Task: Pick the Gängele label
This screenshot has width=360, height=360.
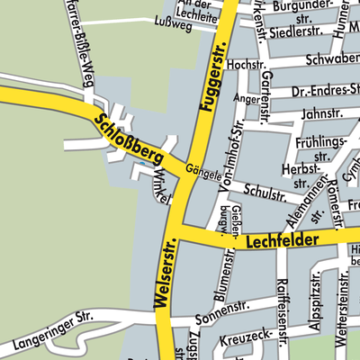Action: point(203,170)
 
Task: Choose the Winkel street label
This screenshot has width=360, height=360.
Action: point(161,186)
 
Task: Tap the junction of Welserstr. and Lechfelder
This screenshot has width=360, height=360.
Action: point(178,235)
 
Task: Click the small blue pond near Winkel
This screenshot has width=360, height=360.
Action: point(142,166)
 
